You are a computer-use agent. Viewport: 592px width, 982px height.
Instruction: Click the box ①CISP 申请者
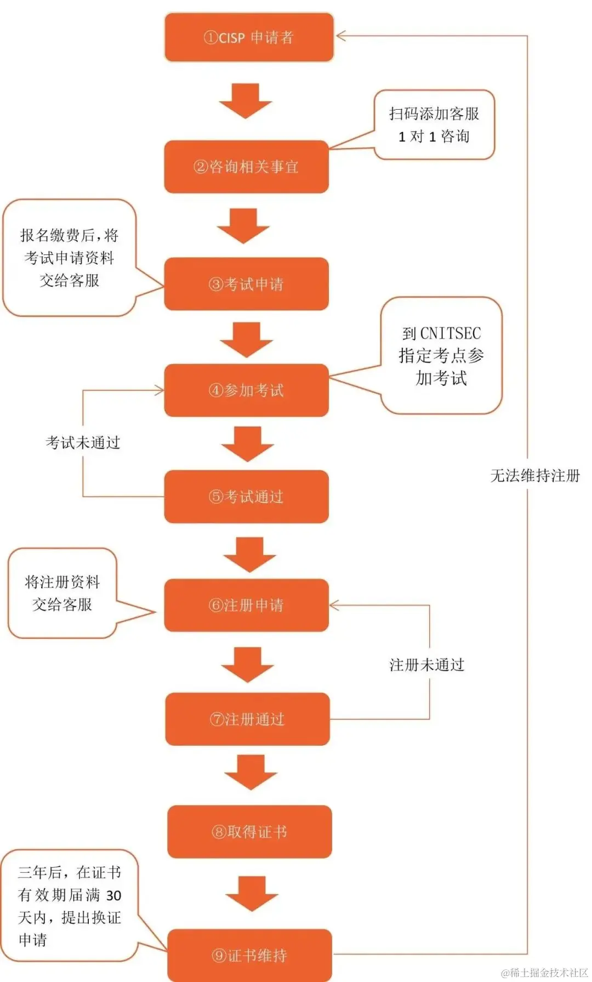coord(249,37)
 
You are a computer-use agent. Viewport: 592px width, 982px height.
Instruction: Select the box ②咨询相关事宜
coord(246,167)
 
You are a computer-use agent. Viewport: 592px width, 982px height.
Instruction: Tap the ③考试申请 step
coord(246,284)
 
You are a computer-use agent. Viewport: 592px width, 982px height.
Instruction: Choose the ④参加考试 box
coord(246,390)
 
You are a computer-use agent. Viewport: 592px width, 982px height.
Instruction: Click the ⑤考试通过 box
coord(246,497)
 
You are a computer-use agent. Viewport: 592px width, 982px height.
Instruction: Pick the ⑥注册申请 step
coord(246,605)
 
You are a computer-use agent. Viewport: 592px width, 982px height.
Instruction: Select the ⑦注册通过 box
coord(247,719)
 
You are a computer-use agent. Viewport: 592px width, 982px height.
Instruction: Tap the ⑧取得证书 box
coord(249,832)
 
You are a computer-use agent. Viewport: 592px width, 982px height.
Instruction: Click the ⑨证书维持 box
coord(249,956)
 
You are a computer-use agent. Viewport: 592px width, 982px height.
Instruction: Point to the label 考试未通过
coord(83,443)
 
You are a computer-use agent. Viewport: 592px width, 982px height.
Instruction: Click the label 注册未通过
coord(426,665)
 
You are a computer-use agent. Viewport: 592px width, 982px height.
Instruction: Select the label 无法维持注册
coord(534,475)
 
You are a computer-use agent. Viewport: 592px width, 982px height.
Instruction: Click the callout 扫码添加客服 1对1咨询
coord(434,125)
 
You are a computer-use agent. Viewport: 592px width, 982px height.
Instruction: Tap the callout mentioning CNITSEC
coord(441,355)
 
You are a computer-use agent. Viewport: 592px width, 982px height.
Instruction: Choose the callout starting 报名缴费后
coord(70,258)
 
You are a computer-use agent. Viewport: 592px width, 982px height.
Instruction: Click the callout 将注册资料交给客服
coord(62,593)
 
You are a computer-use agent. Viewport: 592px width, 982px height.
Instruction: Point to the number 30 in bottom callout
coord(113,896)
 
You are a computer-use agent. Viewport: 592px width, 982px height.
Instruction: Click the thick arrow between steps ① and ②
coord(246,101)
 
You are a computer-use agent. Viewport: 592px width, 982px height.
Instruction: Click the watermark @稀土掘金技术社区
coord(544,973)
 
